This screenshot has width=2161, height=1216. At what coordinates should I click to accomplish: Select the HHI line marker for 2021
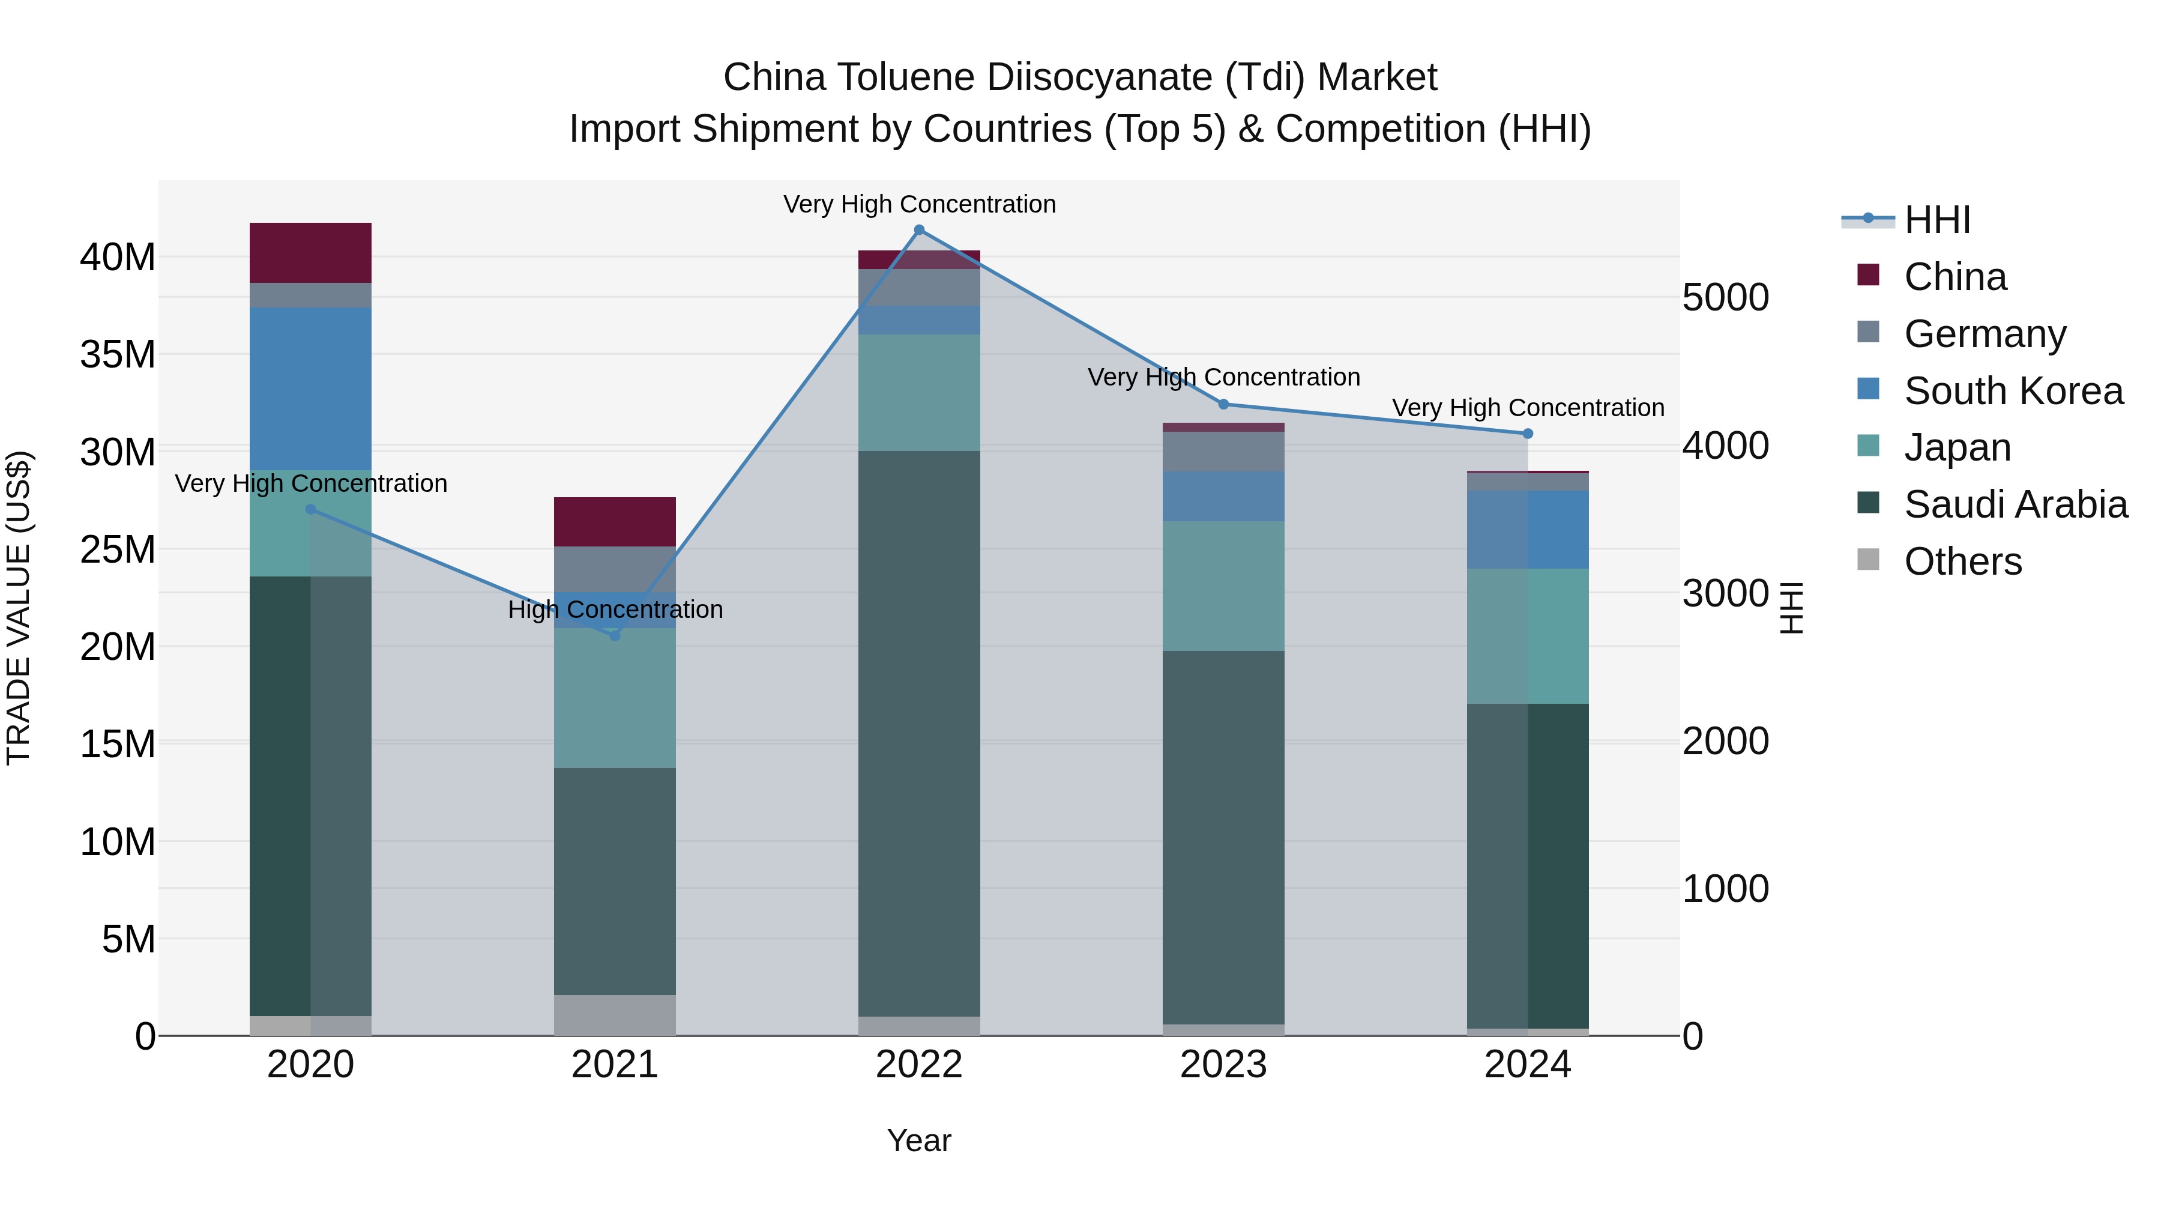tap(614, 635)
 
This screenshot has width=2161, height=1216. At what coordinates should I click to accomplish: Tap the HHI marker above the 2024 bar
tap(1528, 434)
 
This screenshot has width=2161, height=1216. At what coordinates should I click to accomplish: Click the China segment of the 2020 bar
tap(310, 253)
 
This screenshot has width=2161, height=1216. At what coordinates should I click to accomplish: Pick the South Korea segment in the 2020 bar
tap(310, 389)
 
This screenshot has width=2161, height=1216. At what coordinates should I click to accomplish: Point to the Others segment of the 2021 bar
tap(614, 1015)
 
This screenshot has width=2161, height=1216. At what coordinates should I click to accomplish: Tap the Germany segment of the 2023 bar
tap(1223, 452)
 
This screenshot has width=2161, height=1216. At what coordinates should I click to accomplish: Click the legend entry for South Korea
tap(2013, 391)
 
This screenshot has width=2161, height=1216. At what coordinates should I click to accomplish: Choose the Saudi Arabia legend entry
tap(2015, 504)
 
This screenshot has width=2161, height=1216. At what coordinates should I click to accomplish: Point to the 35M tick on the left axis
tap(118, 355)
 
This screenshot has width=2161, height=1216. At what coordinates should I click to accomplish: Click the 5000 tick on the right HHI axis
tap(1726, 298)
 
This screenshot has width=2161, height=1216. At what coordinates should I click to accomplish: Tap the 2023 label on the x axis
tap(1223, 1065)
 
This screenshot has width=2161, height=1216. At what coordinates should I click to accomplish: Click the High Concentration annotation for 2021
tap(615, 610)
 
